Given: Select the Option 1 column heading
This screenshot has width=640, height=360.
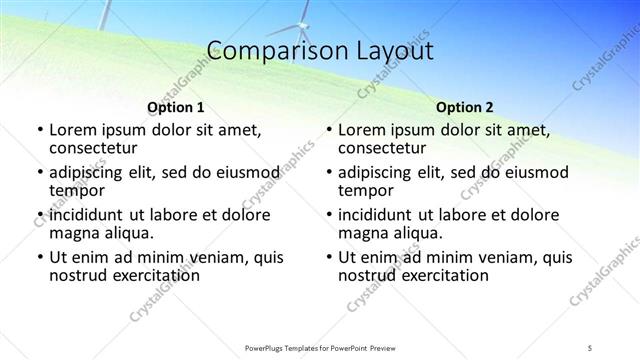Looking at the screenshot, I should click(x=175, y=106).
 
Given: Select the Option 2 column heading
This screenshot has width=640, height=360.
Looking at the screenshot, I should click(x=465, y=106).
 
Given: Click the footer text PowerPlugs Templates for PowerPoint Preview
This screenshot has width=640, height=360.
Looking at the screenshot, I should click(x=320, y=346).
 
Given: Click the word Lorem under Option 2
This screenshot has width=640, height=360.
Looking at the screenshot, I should click(x=362, y=130).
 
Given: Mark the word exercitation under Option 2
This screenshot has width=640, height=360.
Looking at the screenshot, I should click(x=443, y=275).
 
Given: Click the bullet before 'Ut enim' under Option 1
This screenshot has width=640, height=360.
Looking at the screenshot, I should click(x=39, y=257).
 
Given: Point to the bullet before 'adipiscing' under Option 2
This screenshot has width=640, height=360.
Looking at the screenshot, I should click(x=329, y=173).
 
